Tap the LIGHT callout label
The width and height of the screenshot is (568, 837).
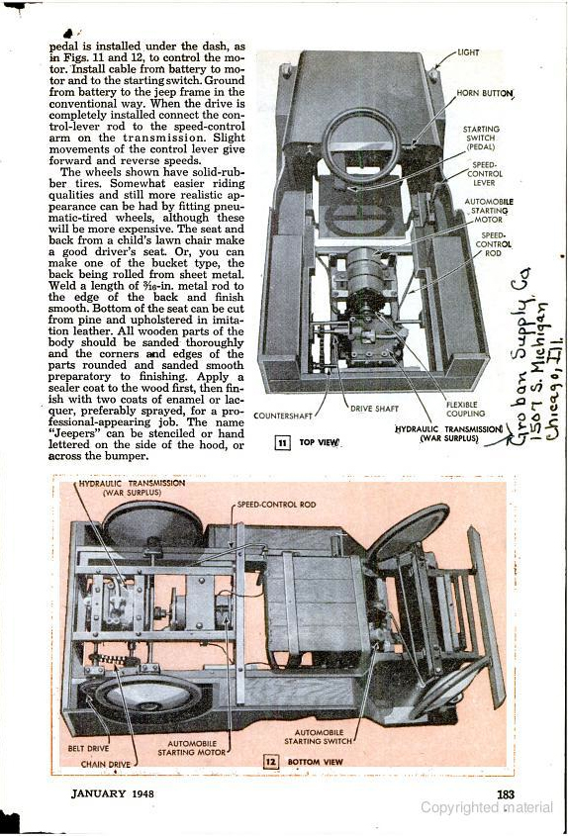[468, 52]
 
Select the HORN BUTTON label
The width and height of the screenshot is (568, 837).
[484, 94]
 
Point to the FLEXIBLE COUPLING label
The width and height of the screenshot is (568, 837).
[465, 409]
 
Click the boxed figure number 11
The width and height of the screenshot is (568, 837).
[282, 442]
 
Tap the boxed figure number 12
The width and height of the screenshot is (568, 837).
[271, 761]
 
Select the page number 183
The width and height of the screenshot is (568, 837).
[506, 794]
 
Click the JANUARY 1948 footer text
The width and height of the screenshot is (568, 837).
[112, 793]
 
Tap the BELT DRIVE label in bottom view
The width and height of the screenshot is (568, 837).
[88, 748]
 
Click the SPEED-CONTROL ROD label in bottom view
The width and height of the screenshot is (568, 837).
[276, 505]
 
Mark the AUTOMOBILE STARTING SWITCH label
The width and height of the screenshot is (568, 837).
[319, 737]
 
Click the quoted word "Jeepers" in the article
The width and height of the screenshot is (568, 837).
[68, 433]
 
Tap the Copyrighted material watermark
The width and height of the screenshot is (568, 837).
[486, 807]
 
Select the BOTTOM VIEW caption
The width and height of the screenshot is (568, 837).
[315, 762]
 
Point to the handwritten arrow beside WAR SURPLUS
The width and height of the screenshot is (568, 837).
[498, 439]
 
